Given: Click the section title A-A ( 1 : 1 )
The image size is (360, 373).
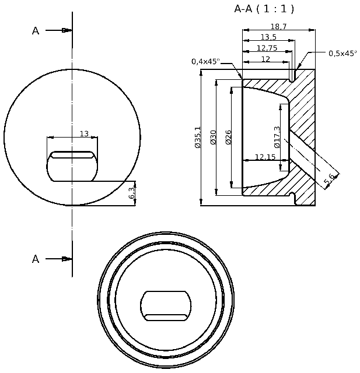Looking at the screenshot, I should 264,9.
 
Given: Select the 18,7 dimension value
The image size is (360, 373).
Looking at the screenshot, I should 278,26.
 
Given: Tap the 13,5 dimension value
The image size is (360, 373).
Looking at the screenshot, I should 268,37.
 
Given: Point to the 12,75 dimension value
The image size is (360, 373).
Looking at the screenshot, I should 266,48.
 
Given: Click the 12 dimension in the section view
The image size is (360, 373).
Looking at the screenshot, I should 265,59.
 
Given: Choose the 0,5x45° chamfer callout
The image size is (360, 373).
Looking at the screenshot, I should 342,53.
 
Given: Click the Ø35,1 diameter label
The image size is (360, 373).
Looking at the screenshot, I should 198,138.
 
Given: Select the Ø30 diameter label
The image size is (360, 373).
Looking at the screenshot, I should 213,138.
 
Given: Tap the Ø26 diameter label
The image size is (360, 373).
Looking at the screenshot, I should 229,138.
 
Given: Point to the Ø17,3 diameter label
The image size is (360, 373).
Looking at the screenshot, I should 277,137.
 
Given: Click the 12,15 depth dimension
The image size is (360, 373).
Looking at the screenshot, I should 265,157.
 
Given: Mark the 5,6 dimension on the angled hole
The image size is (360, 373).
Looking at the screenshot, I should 330,181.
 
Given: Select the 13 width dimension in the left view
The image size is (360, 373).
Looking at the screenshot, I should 84,134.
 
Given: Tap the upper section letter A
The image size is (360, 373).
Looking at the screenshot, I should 36,31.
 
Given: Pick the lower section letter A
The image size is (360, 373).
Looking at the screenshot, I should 36,259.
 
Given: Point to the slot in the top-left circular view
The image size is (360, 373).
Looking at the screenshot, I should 72,166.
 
